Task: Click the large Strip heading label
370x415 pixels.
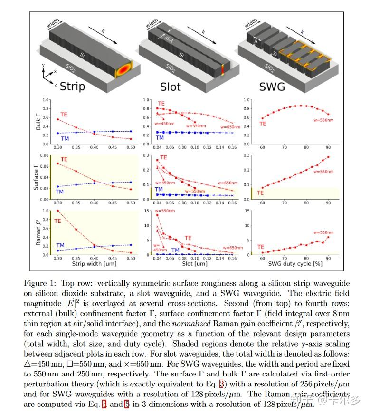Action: [x=72, y=87]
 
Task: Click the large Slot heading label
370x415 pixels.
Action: [x=170, y=87]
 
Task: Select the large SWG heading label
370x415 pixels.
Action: [x=272, y=87]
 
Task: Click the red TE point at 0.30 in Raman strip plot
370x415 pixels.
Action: [x=58, y=211]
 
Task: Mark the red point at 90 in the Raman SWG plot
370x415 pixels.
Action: [x=328, y=237]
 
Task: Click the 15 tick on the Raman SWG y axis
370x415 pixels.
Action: [x=247, y=211]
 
